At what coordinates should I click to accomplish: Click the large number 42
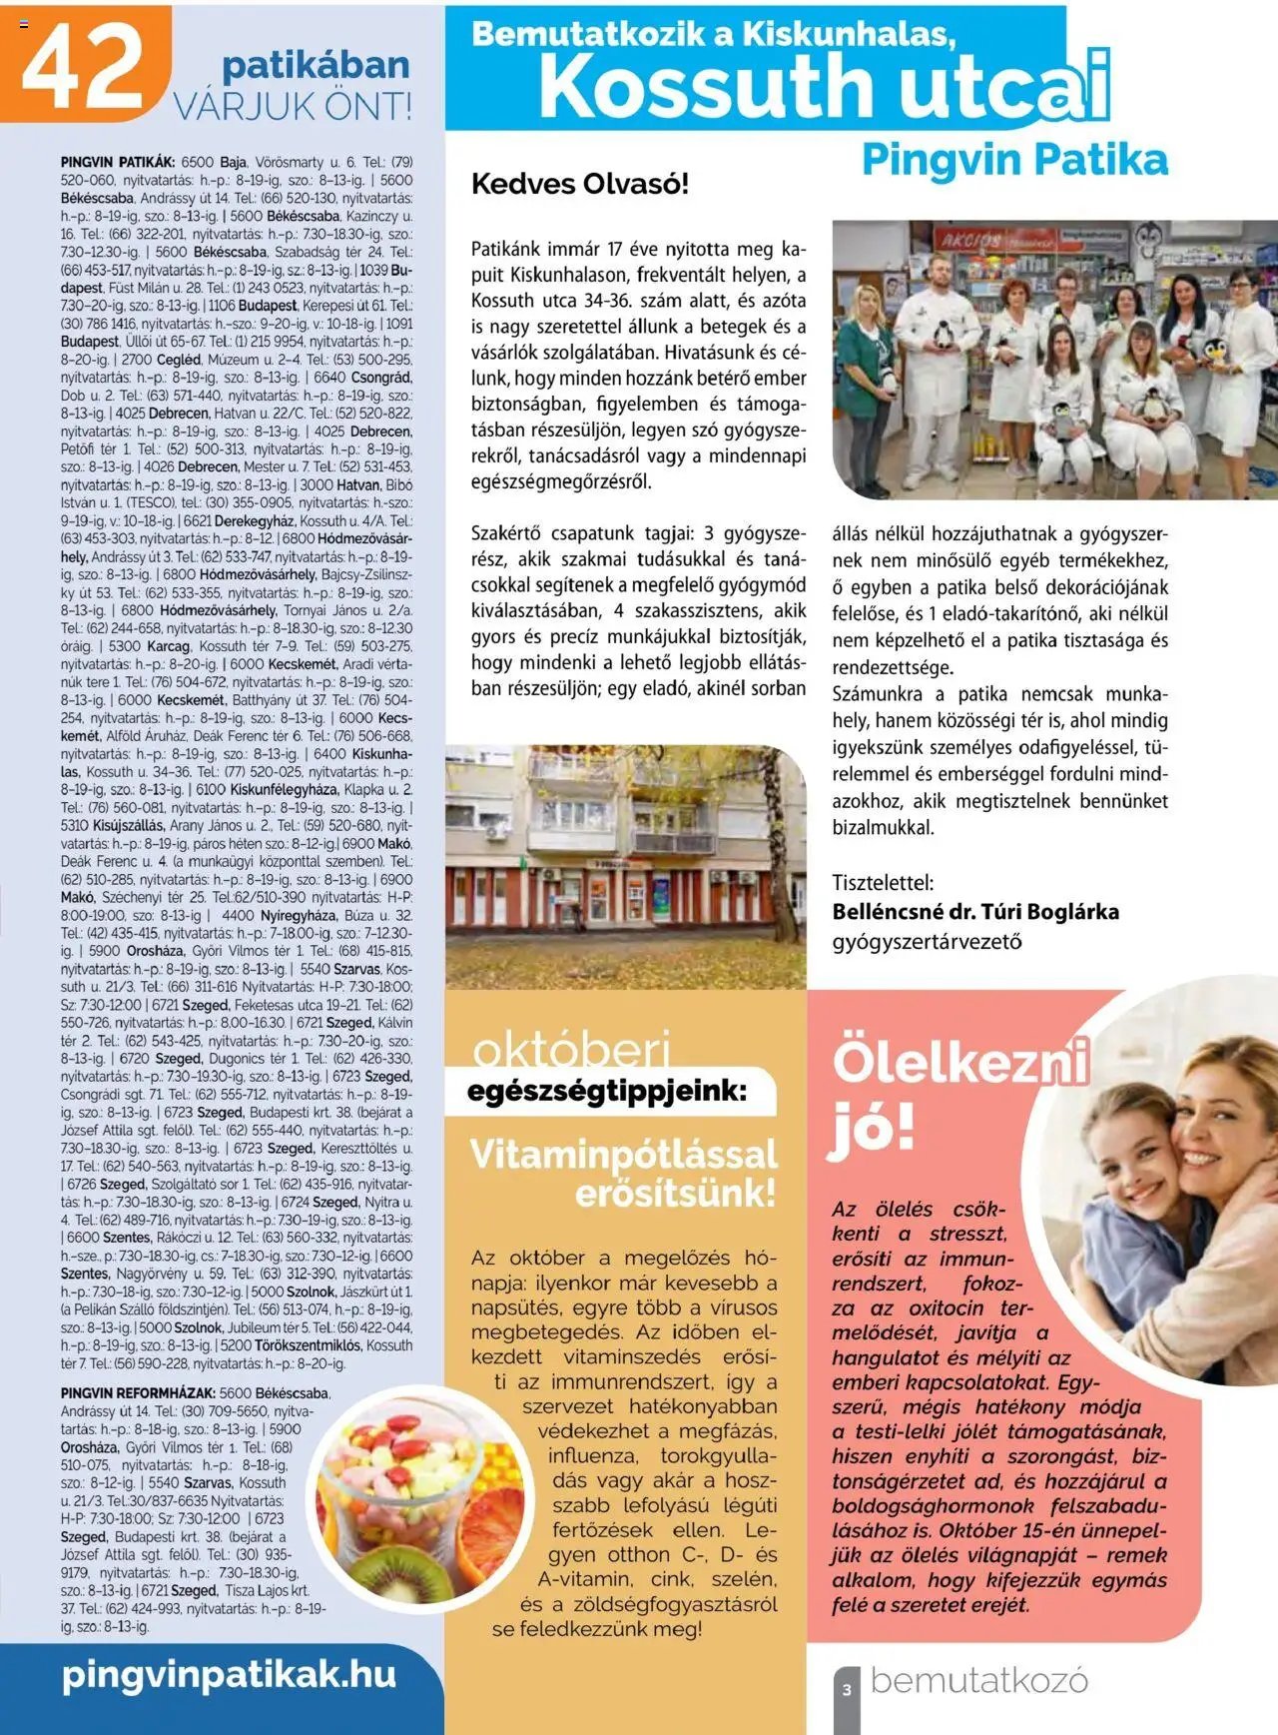point(84,64)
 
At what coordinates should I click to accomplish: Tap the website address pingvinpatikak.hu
point(229,1674)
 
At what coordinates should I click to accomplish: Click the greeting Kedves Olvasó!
point(579,184)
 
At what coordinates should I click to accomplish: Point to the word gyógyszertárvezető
point(927,941)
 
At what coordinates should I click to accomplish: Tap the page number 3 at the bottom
point(847,1690)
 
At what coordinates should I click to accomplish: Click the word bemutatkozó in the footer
point(978,1680)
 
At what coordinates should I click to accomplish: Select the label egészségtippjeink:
point(607,1091)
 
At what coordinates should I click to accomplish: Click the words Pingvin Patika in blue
point(1014,160)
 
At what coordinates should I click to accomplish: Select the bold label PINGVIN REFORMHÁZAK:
point(138,1393)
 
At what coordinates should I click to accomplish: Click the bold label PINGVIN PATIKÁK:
point(118,162)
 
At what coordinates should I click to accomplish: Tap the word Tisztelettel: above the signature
point(883,883)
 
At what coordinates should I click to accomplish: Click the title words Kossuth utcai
point(824,87)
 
